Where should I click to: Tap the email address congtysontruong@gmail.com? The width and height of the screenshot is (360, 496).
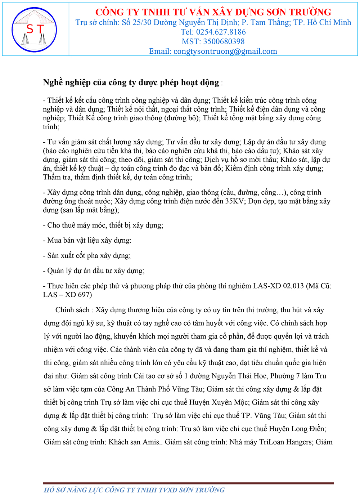[225, 52]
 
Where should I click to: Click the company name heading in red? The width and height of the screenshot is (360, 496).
[213, 12]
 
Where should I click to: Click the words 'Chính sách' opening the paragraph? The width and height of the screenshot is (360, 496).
[72, 310]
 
